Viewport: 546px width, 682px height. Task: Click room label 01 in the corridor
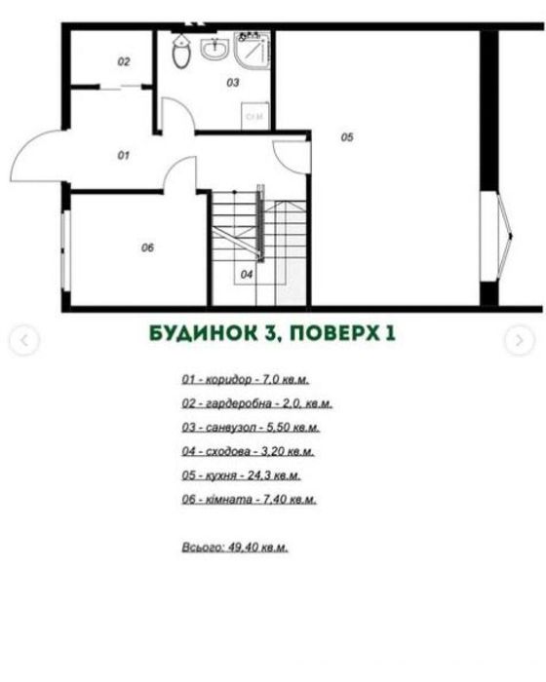(x=124, y=155)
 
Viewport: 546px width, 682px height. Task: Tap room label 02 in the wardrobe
(x=124, y=61)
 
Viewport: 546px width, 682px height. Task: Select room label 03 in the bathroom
(x=233, y=83)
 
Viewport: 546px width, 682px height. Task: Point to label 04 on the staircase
(x=247, y=275)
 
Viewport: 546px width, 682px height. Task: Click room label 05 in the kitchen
(x=347, y=137)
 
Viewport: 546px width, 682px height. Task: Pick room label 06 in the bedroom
(x=147, y=247)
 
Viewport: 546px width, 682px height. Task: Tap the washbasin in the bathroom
(x=214, y=48)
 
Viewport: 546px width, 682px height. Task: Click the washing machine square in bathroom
(x=256, y=115)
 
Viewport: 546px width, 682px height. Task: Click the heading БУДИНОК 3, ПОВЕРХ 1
(x=272, y=333)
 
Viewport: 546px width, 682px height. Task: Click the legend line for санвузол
(x=251, y=428)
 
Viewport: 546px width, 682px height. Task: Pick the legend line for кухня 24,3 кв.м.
(x=241, y=475)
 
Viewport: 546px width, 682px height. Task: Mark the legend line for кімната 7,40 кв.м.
(x=249, y=500)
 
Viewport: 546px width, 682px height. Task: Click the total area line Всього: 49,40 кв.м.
(x=234, y=548)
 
